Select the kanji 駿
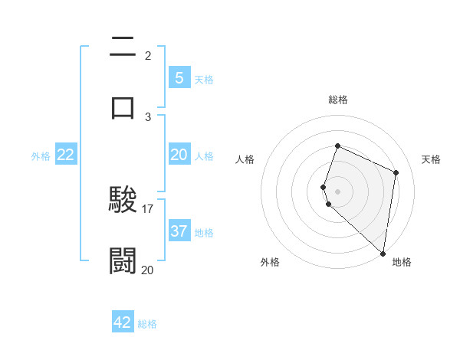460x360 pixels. point(123,201)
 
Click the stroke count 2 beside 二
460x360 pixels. point(148,55)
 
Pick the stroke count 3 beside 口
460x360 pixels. point(148,116)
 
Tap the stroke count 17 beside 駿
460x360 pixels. point(148,208)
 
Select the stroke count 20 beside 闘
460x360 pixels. point(148,269)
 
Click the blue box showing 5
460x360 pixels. point(179,77)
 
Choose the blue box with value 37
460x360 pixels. point(179,231)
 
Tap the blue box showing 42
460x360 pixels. point(123,322)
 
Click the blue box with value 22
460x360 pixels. point(66,154)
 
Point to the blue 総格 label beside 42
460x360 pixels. point(148,324)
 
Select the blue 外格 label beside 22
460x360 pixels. point(41,155)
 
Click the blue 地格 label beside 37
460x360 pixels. point(204,232)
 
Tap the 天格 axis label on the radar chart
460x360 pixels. point(431,159)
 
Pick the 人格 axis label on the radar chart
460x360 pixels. point(245,159)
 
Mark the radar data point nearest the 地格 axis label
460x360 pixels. point(383,253)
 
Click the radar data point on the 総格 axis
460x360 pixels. point(337,146)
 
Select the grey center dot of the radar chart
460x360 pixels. point(337,191)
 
